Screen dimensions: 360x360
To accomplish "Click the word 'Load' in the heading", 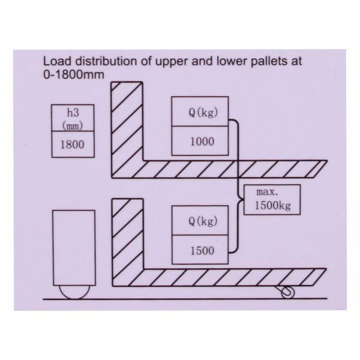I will [55, 62].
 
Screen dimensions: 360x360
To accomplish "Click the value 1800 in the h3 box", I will [71, 144].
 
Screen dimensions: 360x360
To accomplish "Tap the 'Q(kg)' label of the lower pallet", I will [200, 221].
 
